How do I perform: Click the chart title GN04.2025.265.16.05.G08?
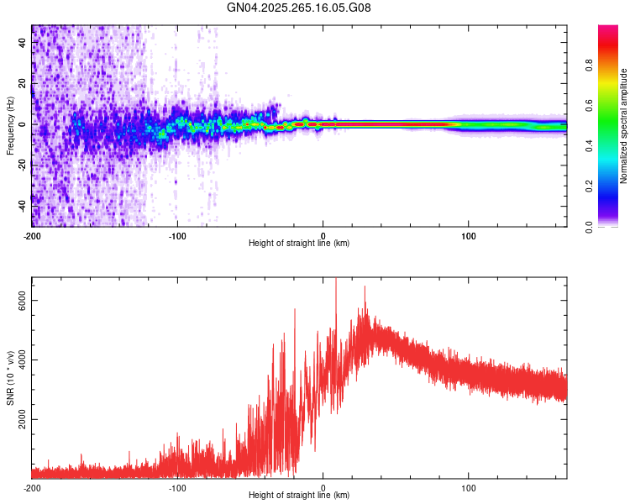click(x=300, y=8)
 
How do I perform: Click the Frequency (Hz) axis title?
click(x=10, y=126)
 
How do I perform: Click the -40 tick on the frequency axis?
click(x=23, y=206)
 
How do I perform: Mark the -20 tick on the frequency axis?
click(x=23, y=165)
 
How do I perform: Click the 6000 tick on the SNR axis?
click(x=23, y=300)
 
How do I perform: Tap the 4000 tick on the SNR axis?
click(x=23, y=360)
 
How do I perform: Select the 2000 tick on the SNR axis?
click(x=23, y=418)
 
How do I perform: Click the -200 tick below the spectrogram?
click(x=32, y=234)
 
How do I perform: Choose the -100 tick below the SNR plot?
click(x=177, y=487)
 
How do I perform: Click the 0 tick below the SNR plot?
click(x=323, y=487)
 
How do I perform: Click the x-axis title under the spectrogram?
click(x=300, y=244)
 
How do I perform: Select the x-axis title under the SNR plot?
click(x=300, y=496)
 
